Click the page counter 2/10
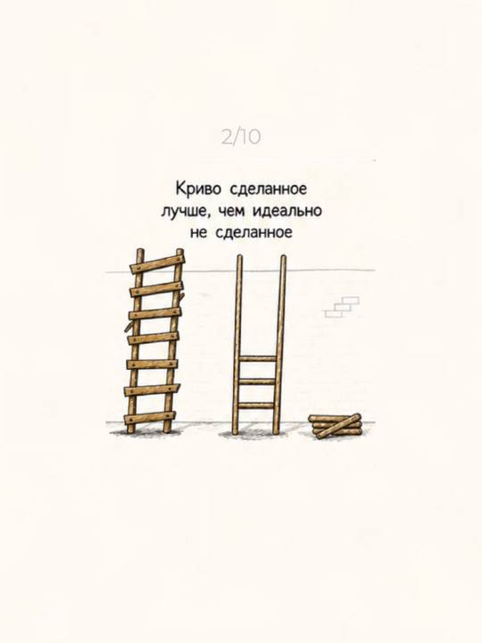(241, 137)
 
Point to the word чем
(232, 211)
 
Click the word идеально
(287, 211)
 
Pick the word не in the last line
(199, 233)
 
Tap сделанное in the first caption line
(269, 190)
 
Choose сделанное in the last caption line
(253, 233)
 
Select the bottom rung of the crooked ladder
(150, 417)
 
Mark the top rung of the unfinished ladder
(258, 358)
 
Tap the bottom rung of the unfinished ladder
(256, 405)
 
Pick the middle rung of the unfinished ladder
(257, 381)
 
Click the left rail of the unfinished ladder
(237, 345)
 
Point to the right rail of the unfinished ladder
(279, 345)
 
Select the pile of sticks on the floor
(336, 426)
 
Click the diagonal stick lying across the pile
(337, 427)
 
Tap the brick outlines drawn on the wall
(342, 307)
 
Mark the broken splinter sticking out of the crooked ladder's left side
(129, 327)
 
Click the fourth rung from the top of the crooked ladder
(154, 338)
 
